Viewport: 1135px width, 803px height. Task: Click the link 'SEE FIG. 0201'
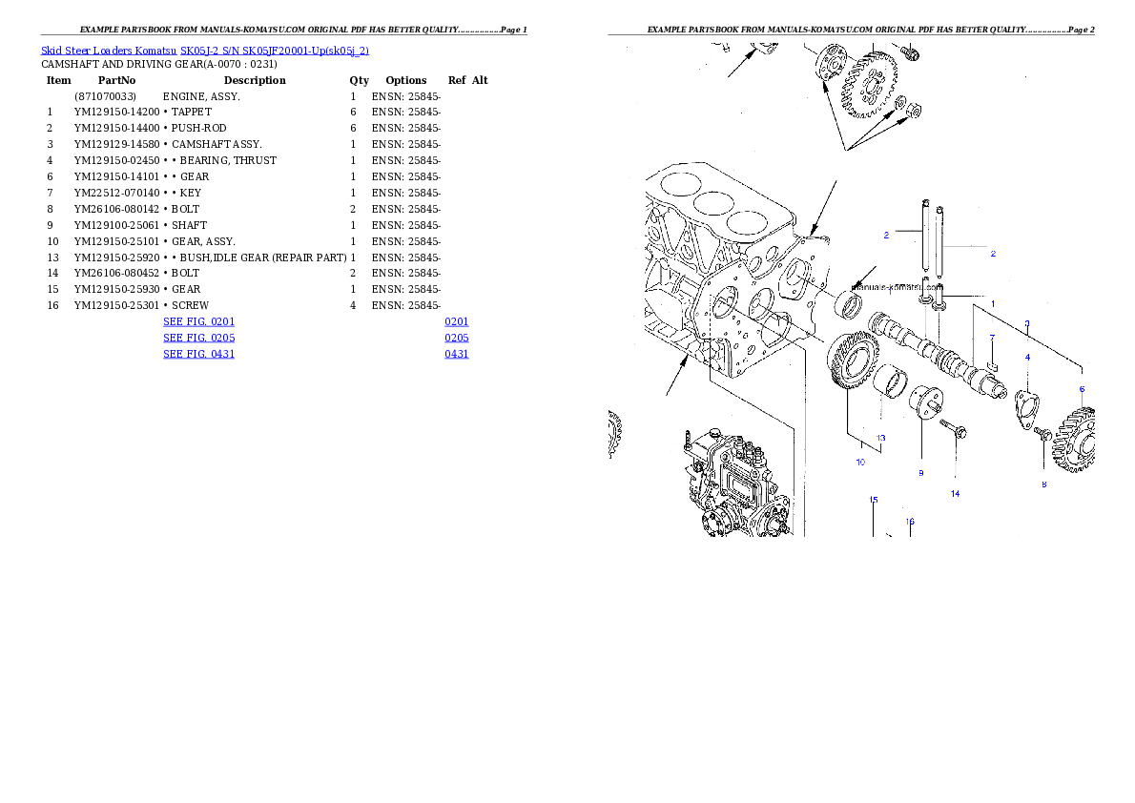pos(198,322)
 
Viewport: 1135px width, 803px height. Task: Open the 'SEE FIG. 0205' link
pos(198,338)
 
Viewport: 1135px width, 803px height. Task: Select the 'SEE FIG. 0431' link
pos(198,354)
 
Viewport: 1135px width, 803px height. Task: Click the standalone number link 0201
pos(456,322)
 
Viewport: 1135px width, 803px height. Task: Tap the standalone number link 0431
pos(456,354)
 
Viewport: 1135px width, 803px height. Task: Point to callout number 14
pos(955,494)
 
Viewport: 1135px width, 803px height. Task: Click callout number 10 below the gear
pos(860,463)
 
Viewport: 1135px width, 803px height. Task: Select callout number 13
pos(881,439)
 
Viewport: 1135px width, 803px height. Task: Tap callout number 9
pos(921,473)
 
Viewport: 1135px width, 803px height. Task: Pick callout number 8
pos(1043,484)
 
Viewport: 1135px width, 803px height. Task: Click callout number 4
pos(1027,357)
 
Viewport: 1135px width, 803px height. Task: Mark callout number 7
pos(992,338)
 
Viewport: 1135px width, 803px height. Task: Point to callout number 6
pos(1082,389)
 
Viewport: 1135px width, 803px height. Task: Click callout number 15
pos(873,499)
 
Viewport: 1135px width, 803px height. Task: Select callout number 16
pos(910,522)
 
